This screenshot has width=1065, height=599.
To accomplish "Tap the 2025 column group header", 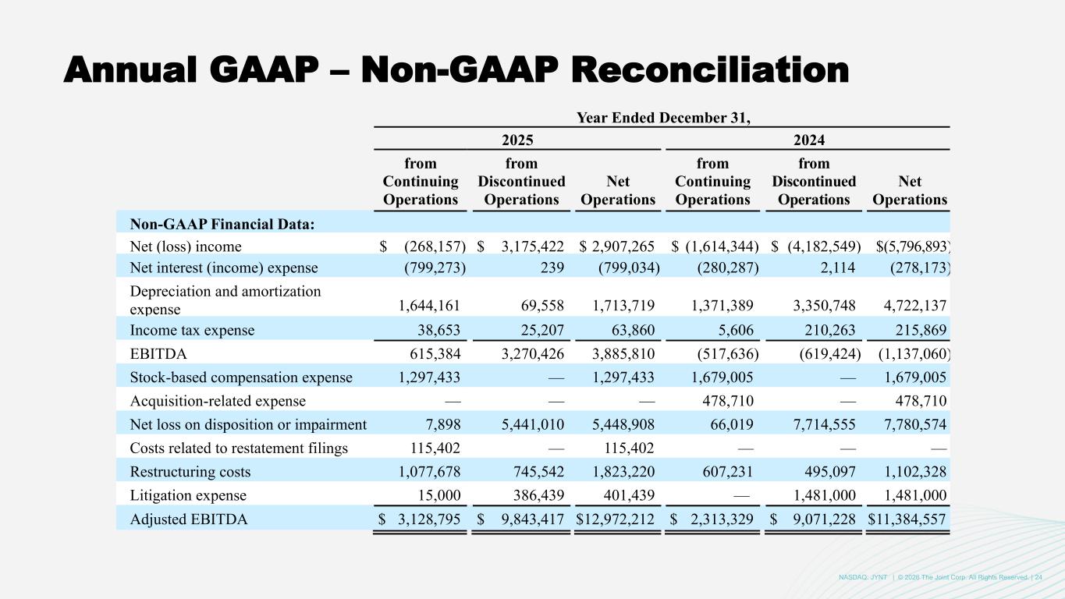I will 518,140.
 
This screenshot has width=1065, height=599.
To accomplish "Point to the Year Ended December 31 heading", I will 662,119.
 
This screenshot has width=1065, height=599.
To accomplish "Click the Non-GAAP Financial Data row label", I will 222,224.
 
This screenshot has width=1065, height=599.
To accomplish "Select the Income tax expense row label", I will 192,330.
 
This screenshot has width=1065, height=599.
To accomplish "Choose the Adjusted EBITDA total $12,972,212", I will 616,519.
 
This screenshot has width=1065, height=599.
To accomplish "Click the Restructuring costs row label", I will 190,472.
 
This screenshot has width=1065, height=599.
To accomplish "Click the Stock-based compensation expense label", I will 241,377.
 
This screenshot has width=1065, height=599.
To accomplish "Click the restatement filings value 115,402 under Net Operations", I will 630,448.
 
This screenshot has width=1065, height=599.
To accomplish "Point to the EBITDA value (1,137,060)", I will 910,353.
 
